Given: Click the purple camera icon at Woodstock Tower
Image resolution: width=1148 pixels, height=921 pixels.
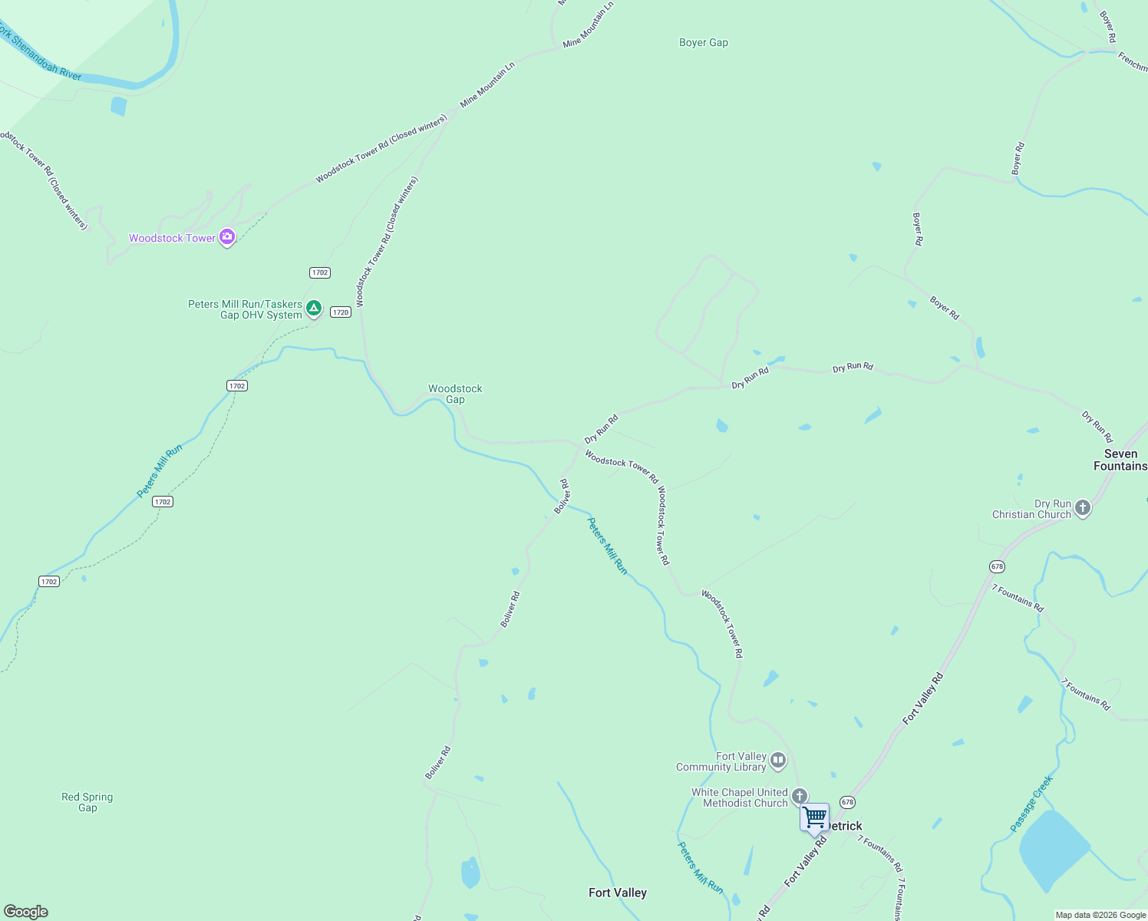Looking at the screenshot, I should pos(226,237).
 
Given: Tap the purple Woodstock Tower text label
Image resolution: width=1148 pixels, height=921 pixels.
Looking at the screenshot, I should pos(172,239).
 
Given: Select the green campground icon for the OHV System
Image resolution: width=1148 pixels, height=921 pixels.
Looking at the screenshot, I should pos(313,309).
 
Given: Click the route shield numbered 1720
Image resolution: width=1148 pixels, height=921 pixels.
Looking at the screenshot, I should pos(341,312).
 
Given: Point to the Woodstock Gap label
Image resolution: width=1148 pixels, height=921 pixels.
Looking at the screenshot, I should pos(455,394).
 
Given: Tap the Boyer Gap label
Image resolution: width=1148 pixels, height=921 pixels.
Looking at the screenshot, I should pos(703,43).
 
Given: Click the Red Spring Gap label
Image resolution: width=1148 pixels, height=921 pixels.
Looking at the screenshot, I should pos(87,802).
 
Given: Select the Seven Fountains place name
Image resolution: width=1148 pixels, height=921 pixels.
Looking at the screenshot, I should pos(1120,460).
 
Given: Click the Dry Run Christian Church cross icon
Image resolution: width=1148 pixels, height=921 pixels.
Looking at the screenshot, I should pos(1082,507).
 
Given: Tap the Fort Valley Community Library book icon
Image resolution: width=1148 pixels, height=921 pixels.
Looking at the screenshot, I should pos(778,761).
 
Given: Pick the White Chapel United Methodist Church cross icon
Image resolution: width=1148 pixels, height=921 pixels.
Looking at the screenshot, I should pos(799,796).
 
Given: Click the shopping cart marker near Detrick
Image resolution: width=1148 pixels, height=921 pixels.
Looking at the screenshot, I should pos(814,817).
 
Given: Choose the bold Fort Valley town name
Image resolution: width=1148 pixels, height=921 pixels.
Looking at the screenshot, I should pos(617,893).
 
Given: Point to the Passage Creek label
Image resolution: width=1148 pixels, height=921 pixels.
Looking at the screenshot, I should pos(1031,804).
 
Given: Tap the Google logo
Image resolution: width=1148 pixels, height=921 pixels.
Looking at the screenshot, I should pos(25,912).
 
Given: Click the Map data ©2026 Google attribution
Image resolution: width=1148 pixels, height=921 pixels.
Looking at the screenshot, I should pos(1100,915).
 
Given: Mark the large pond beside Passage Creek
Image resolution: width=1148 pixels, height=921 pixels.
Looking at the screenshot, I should pos(1053,848).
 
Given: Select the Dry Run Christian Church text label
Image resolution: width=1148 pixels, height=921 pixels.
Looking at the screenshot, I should pos(1031,510).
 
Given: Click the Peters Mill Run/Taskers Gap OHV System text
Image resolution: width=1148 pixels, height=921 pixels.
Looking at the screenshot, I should pos(245,309).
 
